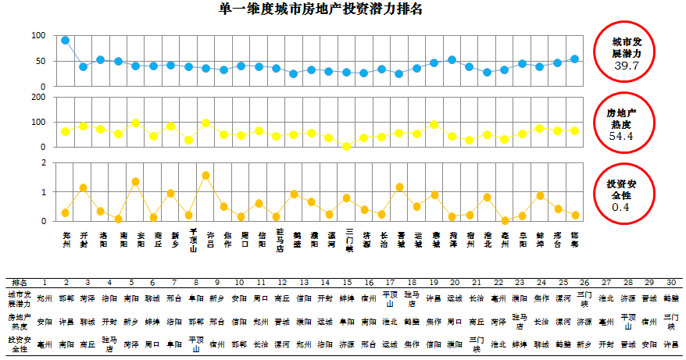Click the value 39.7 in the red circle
point(627,66)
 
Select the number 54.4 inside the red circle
point(620,136)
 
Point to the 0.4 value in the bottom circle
point(621,207)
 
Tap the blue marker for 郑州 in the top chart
point(66,40)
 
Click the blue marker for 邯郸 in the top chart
point(574,59)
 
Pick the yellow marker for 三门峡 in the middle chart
point(347,146)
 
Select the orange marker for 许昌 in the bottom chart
point(205,175)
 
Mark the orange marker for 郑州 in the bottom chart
point(66,212)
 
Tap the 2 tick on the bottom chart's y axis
point(43,162)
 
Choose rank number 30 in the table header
point(671,282)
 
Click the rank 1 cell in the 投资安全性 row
point(45,343)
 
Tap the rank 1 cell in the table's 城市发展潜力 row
point(45,298)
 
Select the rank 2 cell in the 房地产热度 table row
point(66,321)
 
